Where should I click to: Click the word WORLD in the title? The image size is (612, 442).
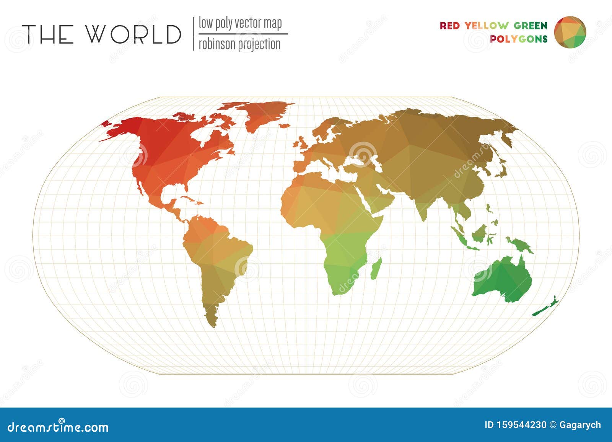133,34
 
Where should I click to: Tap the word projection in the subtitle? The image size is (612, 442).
259,44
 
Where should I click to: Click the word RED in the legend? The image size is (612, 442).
449,26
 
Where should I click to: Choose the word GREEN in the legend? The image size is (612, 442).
531,26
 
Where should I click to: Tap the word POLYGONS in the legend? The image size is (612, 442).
519,39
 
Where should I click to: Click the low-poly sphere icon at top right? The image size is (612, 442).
570,32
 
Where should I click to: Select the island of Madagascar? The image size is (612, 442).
376,268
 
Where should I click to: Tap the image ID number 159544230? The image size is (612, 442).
521,425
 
